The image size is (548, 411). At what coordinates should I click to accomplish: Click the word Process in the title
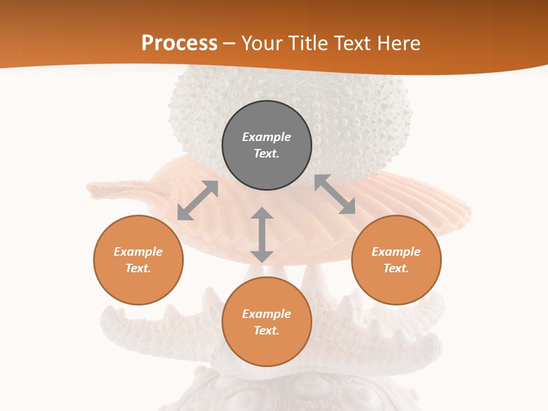(x=179, y=43)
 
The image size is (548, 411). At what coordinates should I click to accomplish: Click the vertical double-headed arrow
(x=262, y=235)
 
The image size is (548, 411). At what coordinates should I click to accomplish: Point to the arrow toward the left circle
(x=198, y=200)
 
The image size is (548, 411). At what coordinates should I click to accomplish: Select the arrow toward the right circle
(x=335, y=195)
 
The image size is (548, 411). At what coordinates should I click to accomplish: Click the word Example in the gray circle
(x=267, y=137)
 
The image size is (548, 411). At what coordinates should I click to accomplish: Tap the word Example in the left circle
(x=138, y=252)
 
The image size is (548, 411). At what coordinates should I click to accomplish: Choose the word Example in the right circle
(x=396, y=252)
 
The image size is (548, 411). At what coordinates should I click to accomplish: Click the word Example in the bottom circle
(x=267, y=314)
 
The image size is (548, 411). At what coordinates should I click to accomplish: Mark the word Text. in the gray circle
(x=267, y=154)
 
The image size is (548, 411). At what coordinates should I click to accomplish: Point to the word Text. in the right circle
(x=396, y=268)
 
